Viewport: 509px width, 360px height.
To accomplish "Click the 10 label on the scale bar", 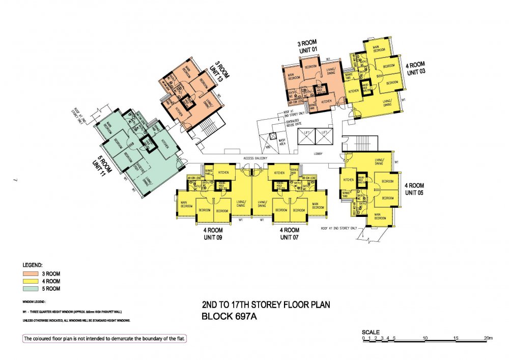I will pos(425,338).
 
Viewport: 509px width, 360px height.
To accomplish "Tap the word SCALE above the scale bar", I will pos(372,332).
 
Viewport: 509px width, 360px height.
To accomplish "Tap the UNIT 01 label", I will pos(307,49).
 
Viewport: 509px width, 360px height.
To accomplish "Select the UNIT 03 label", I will pos(415,72).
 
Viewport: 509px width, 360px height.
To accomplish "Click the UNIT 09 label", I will pos(212,237).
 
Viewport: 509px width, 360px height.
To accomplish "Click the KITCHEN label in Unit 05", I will pos(349,180).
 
